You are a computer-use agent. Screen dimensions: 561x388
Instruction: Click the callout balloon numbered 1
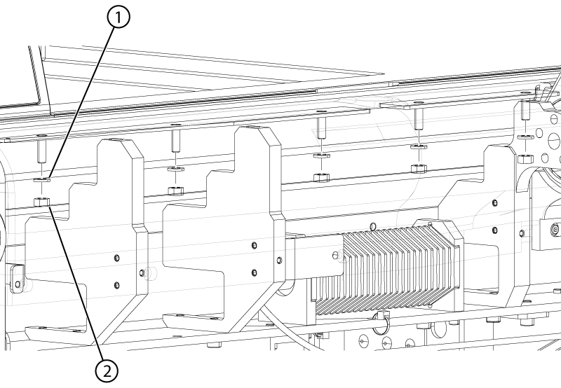coord(118,17)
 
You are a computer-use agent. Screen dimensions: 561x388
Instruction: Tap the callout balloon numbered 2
coord(107,371)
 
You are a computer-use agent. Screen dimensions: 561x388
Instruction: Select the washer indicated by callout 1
coord(42,179)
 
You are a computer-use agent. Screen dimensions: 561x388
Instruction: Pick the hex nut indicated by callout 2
coord(41,202)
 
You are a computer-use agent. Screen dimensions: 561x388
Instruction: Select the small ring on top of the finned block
coord(373,226)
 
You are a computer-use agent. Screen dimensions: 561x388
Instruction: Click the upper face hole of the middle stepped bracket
coord(254,245)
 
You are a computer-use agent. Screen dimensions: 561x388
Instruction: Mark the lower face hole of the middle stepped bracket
coord(254,273)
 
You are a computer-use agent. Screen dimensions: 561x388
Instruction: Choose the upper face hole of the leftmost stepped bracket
coord(116,258)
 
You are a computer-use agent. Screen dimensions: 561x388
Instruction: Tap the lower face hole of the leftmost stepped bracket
coord(116,285)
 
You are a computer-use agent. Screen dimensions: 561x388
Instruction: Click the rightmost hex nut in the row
coord(525,158)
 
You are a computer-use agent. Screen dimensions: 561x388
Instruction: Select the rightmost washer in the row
coord(525,137)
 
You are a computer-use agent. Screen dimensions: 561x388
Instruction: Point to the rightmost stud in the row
coord(525,110)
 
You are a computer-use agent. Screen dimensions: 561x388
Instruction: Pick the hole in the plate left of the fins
coord(335,255)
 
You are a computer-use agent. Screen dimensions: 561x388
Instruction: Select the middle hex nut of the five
coord(321,177)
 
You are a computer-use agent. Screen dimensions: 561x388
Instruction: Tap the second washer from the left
coord(175,169)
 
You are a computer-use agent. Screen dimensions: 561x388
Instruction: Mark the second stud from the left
coord(175,141)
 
